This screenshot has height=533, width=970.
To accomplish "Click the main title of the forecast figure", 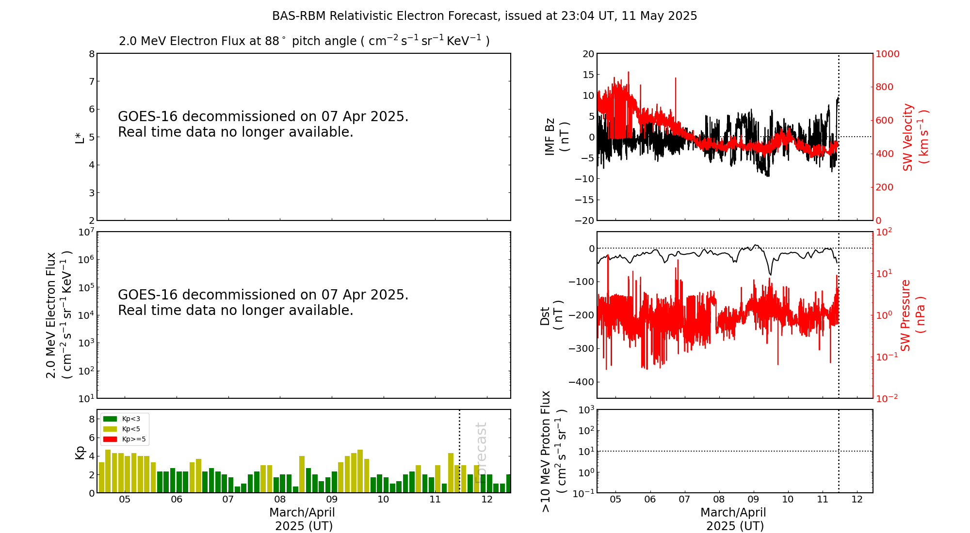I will point(484,16).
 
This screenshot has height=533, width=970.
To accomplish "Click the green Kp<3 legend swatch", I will point(110,419).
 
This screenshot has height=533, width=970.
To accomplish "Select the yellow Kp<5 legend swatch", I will point(110,429).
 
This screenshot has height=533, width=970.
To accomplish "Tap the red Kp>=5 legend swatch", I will point(110,439).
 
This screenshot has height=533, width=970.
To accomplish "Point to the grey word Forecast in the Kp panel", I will point(480,453).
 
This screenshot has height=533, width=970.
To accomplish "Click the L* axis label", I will point(80,137).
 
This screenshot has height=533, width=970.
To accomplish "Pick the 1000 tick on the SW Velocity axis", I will point(887,54).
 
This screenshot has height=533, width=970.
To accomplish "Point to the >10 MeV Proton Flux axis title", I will point(553,451).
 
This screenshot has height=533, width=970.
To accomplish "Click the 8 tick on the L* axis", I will point(92,54).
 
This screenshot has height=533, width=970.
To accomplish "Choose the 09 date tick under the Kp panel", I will point(332,500).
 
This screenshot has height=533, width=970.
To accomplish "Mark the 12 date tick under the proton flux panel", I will point(857,500).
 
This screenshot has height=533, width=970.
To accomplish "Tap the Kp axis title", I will point(80,452).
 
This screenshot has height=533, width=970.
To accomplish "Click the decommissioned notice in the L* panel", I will point(263,124).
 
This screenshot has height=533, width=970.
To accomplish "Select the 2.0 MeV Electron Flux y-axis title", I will point(59,315).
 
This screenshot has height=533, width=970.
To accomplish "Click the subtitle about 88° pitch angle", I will point(304,41).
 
